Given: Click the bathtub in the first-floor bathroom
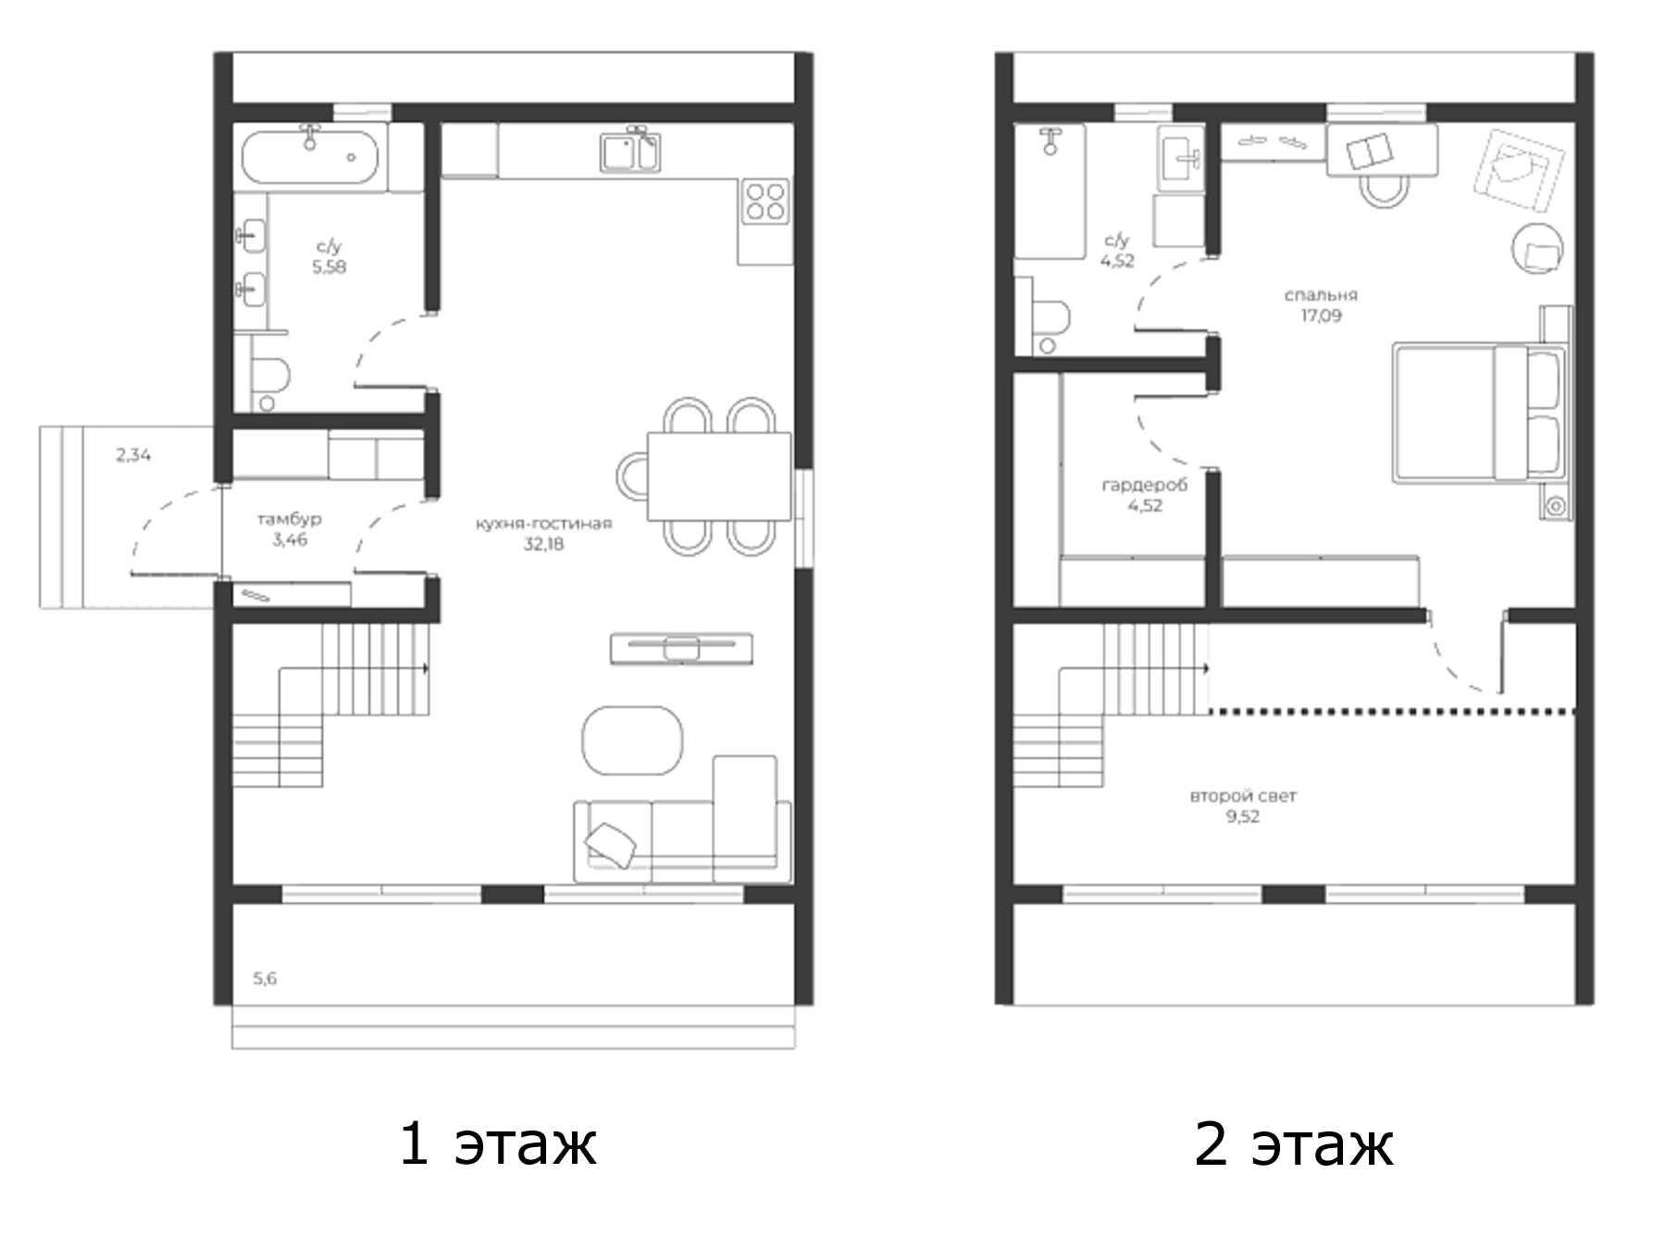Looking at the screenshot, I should click(310, 158).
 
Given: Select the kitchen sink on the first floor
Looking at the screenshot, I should click(629, 152).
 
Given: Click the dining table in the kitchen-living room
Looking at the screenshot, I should click(718, 476).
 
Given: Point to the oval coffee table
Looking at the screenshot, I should click(632, 740).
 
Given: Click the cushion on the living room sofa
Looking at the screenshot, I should click(611, 844).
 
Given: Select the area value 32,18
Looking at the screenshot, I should click(543, 544).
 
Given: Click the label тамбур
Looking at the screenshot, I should click(290, 519).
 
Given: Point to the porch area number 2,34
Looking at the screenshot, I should click(133, 455).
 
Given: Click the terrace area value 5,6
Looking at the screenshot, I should click(265, 979).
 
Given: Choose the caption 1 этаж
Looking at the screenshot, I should click(497, 1143).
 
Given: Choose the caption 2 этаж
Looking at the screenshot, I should click(1293, 1143).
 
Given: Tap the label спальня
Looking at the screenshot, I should click(1321, 295).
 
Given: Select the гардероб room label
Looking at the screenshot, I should click(1145, 485).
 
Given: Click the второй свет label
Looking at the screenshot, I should click(1243, 796).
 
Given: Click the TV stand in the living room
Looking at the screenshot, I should click(681, 649).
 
